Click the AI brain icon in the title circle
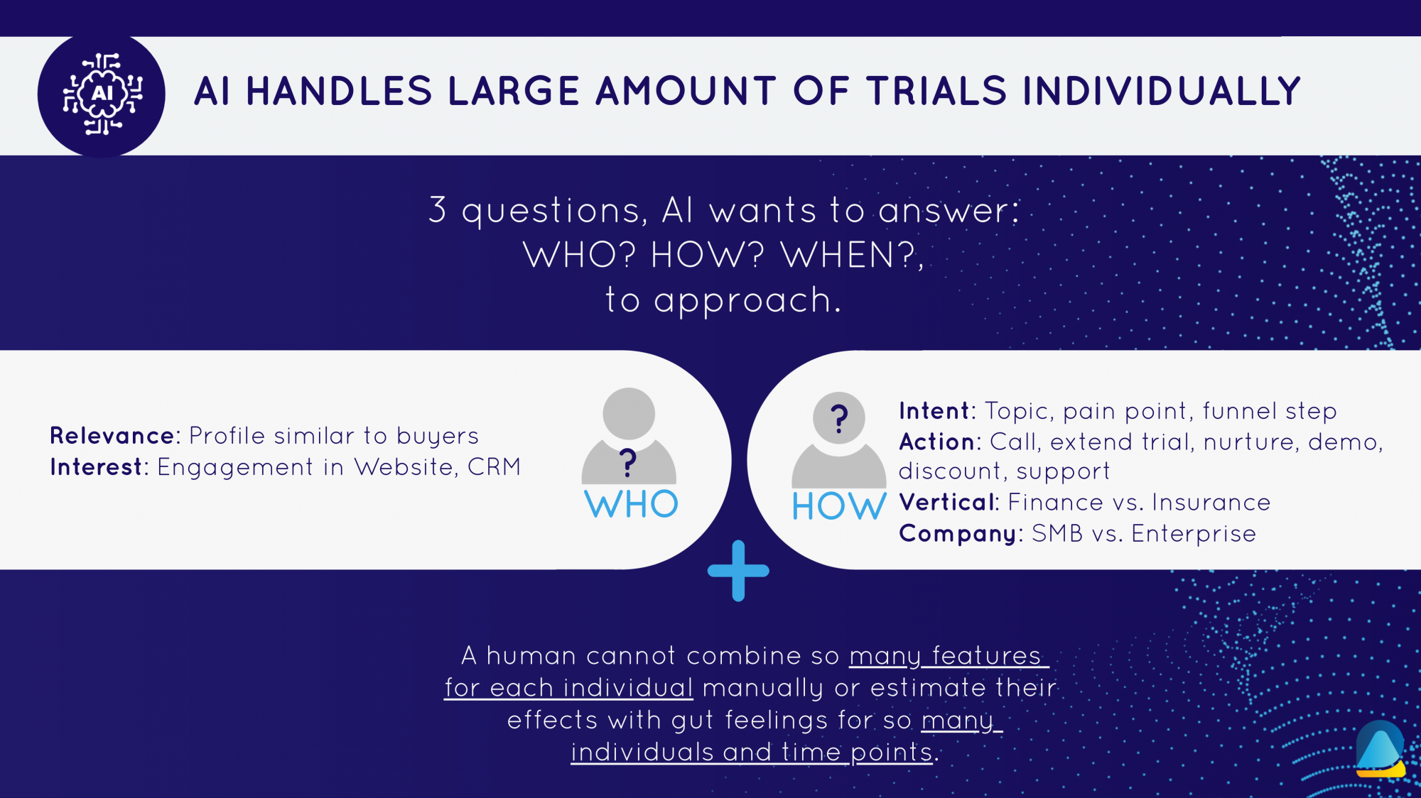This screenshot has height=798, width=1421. click(102, 94)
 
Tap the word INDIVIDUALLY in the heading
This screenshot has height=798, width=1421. click(1162, 92)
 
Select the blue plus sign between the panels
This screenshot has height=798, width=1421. click(738, 571)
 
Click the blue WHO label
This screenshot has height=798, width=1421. click(631, 504)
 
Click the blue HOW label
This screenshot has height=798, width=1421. click(839, 506)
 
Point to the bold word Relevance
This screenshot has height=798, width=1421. click(112, 435)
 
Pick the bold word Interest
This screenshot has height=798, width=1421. click(96, 467)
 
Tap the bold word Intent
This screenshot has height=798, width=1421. click(934, 411)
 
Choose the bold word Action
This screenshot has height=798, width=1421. click(937, 442)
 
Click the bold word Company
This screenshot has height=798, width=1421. click(958, 534)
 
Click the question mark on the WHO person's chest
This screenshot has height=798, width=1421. click(627, 463)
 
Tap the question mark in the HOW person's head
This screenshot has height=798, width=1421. click(839, 419)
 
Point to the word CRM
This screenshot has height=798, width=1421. click(494, 467)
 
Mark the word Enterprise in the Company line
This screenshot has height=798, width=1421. click(1194, 534)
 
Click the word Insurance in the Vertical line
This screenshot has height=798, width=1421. click(1211, 502)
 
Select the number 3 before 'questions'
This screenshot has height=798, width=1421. click(438, 210)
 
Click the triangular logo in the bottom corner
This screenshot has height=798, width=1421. click(1381, 750)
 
